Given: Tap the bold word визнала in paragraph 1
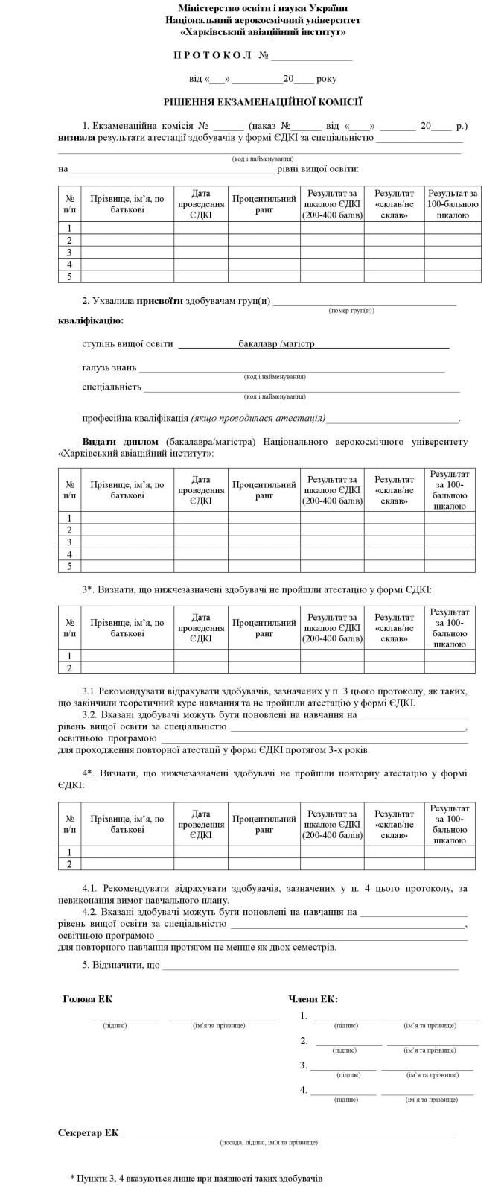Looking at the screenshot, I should (x=76, y=138).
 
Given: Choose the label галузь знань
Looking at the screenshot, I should (x=109, y=368).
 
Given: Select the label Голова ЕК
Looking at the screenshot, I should (x=88, y=999).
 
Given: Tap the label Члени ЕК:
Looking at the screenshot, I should (x=313, y=999).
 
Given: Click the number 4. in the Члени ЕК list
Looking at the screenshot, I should (x=303, y=1090).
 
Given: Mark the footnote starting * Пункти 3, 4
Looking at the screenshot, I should (x=197, y=1178).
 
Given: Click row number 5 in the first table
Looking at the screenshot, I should (x=69, y=276).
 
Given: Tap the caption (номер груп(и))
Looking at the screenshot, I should (x=351, y=309).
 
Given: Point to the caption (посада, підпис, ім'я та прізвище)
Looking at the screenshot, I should (x=269, y=1142).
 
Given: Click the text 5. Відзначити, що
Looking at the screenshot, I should (x=121, y=966).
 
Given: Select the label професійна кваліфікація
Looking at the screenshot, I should (x=135, y=418).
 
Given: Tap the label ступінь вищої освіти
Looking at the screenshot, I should (x=127, y=344).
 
